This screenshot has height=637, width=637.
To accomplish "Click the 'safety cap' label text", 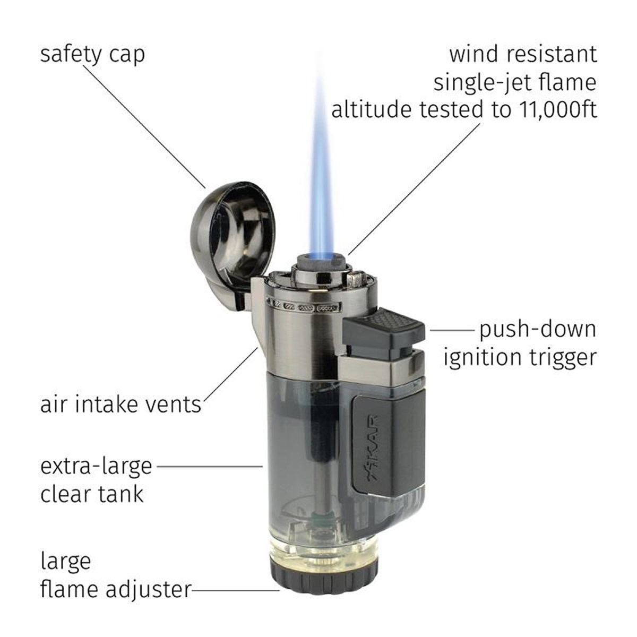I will click(x=92, y=55).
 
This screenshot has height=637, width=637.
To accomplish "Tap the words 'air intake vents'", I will click(x=120, y=404).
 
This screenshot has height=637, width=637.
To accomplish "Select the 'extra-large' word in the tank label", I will click(x=96, y=467).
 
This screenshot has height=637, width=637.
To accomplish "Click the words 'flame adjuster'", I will click(x=115, y=589).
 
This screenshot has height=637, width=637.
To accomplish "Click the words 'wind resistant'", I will click(x=523, y=54).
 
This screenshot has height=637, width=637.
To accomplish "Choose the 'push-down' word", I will click(x=538, y=329).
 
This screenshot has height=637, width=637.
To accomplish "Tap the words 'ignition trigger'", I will click(x=520, y=357).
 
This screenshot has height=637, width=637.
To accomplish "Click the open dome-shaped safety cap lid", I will click(x=234, y=234).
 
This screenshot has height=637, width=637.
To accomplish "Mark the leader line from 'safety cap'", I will click(x=143, y=125).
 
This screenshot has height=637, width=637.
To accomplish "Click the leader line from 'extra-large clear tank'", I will click(x=210, y=467).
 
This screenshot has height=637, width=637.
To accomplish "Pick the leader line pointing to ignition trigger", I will click(x=451, y=330).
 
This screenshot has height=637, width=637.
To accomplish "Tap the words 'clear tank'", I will click(x=92, y=494).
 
